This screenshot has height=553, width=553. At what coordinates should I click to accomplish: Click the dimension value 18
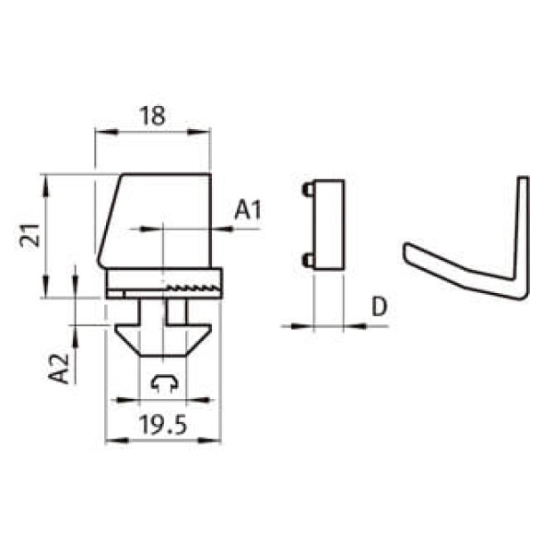coord(152,116)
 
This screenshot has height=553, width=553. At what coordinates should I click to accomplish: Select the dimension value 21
coord(30,235)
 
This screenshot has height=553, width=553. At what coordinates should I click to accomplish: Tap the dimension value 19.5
coord(162,425)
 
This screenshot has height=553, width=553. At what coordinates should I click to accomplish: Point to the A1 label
coord(248,209)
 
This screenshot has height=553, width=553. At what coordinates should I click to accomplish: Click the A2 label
coord(59,368)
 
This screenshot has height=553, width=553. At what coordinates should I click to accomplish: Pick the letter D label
coord(380,307)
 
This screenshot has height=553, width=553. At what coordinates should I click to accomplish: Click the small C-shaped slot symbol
coord(164,383)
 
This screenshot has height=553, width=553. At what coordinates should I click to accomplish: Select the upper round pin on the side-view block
coord(308,190)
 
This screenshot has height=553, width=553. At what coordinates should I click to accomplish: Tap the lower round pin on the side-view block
coord(308,260)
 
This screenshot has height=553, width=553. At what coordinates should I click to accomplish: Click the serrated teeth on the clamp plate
coord(193,288)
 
